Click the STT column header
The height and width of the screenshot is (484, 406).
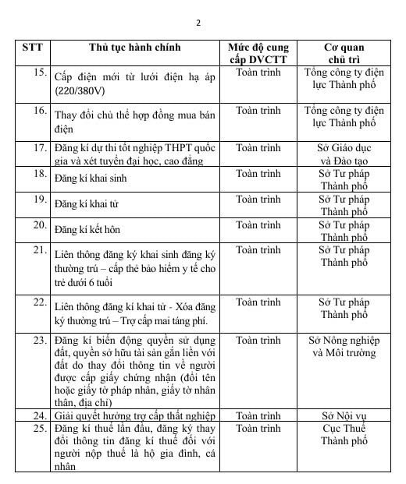point(32,47)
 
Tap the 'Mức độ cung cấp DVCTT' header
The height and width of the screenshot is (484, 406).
point(258,52)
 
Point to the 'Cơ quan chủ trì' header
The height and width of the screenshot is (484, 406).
point(344,52)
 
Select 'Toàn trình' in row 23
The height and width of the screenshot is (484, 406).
point(258,341)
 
